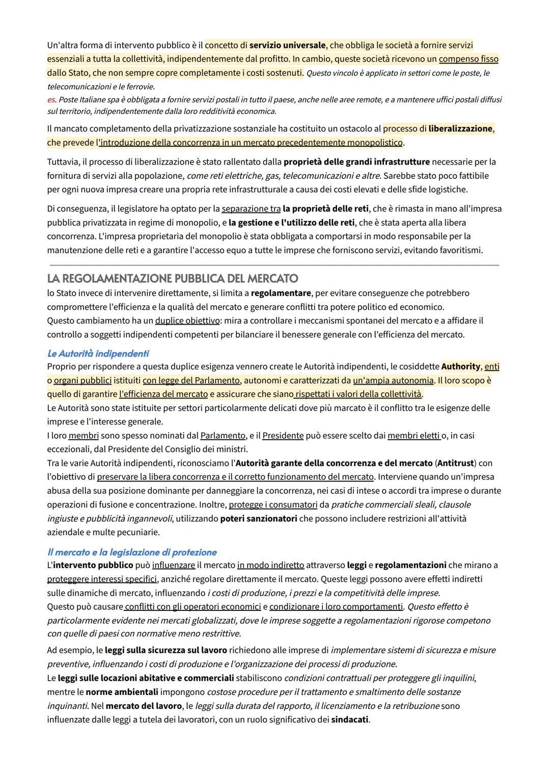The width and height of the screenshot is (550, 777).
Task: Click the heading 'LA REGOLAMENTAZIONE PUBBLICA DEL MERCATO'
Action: tap(172, 279)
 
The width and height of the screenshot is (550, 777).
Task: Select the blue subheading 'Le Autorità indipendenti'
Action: tap(98, 354)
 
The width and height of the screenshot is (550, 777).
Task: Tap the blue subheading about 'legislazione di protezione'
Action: tap(132, 552)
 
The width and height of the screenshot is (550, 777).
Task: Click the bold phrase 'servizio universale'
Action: tap(287, 45)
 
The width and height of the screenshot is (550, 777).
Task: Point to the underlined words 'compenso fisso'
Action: tap(469, 59)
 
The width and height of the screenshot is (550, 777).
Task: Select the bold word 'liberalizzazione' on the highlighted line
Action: tap(460, 129)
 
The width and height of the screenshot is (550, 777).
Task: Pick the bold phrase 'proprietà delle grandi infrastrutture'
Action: tap(356, 162)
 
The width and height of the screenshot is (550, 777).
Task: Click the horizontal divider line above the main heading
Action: tap(274, 265)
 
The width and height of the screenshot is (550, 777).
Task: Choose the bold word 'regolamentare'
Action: tap(281, 293)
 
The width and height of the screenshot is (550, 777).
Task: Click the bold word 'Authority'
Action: tap(460, 367)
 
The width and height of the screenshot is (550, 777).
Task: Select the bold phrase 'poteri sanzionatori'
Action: tap(259, 519)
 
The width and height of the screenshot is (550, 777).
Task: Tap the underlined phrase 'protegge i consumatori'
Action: tap(273, 505)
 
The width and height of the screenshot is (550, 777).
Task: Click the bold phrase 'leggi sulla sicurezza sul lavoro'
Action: tap(166, 651)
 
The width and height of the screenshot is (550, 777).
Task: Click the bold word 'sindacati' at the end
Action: tap(349, 720)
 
